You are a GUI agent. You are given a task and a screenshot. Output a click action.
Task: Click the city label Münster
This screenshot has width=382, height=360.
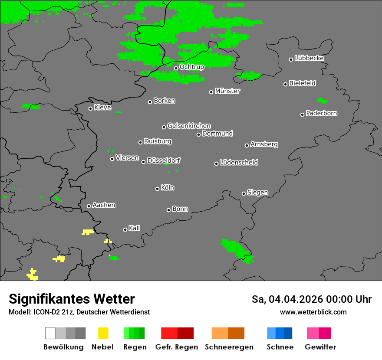(x=227, y=91)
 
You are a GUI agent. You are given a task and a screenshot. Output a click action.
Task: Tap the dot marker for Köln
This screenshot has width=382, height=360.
(x=157, y=189)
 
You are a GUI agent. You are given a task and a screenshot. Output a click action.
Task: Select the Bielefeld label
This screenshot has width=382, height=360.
(x=303, y=83)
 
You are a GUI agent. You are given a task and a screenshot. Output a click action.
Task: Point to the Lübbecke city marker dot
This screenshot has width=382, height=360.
(x=291, y=59)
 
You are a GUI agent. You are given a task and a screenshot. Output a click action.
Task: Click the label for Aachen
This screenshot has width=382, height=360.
(x=104, y=205)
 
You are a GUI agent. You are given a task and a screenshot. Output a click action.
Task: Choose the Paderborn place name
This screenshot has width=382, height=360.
(x=322, y=113)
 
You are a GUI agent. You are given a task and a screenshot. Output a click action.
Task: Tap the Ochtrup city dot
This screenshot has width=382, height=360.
(x=176, y=68)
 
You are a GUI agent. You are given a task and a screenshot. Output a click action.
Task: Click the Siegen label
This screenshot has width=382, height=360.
(x=257, y=193)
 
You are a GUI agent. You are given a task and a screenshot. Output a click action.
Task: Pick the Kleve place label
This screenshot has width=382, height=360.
(x=102, y=108)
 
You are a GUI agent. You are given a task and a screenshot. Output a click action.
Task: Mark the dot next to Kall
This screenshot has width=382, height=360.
(x=125, y=229)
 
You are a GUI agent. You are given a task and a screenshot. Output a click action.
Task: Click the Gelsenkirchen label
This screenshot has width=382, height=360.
(x=189, y=126)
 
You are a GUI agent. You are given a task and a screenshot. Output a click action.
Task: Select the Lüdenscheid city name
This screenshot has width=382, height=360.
(x=239, y=163)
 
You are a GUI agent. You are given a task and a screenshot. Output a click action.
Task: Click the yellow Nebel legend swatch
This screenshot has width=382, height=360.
(x=103, y=333)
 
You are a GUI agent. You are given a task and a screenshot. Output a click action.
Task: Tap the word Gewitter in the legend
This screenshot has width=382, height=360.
(x=320, y=347)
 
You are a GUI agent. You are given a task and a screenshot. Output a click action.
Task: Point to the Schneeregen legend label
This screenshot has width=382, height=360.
(x=228, y=347)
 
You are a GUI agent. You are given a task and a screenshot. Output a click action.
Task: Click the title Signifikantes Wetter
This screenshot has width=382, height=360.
(x=72, y=299)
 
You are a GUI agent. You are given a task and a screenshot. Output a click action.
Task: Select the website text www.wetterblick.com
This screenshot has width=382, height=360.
(x=313, y=312)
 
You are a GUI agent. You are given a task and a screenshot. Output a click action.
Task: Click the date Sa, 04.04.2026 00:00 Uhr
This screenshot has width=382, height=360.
(x=311, y=299)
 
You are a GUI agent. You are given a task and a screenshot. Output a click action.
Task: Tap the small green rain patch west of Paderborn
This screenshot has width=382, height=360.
(x=322, y=101)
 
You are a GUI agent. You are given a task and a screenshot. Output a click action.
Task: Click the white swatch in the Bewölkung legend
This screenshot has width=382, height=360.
(x=50, y=333)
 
